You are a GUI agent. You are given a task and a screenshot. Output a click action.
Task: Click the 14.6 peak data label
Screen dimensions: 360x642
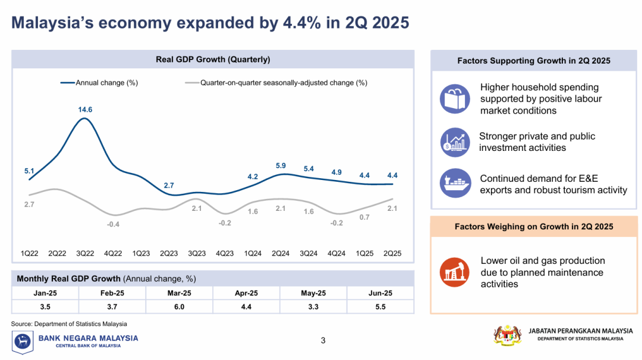[x=85, y=110]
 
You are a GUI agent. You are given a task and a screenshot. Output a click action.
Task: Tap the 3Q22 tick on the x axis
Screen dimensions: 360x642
[x=85, y=253]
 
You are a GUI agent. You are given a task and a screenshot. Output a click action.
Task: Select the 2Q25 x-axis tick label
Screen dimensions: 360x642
[x=392, y=253]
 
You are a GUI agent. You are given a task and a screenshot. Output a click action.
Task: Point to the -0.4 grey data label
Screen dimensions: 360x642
[x=113, y=224]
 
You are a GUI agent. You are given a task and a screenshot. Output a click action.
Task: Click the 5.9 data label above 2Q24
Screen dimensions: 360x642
[x=281, y=165]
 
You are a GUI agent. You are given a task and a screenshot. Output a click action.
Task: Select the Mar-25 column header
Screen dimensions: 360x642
[x=179, y=293]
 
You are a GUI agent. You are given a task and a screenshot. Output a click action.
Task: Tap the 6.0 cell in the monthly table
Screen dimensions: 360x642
[x=179, y=307]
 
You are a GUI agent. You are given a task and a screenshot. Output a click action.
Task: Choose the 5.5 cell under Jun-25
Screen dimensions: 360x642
[x=380, y=307]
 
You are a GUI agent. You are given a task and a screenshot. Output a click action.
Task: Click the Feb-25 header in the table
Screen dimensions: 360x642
[x=112, y=293]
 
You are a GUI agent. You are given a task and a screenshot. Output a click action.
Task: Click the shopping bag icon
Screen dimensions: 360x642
[x=455, y=99]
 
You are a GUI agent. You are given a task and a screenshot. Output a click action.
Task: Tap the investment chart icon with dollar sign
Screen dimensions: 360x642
[x=455, y=142]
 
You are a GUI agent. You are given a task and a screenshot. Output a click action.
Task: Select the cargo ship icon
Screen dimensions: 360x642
[x=455, y=184]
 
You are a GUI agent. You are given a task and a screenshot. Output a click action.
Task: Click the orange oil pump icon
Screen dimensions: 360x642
[x=455, y=272]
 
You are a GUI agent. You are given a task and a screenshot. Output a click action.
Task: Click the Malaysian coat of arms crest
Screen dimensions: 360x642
[x=506, y=334]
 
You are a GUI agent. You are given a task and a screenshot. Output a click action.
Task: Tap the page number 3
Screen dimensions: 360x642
[x=323, y=340]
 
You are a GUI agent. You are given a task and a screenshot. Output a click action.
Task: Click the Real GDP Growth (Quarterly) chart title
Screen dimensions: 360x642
[x=213, y=59]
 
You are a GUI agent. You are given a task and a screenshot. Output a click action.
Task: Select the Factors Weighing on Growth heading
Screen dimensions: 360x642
[x=534, y=226]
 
